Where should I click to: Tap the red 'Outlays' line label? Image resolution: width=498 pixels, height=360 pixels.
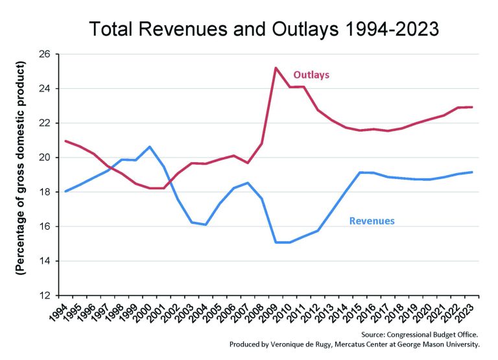311,75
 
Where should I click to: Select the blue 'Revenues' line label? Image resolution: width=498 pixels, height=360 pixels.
372,221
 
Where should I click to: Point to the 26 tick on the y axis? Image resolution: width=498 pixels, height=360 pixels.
45,54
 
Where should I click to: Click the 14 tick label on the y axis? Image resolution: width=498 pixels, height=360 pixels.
45,261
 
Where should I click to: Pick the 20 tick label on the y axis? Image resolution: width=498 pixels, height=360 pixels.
45,158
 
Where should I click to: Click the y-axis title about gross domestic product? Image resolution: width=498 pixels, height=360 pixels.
21,169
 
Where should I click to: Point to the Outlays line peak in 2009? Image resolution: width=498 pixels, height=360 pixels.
276,67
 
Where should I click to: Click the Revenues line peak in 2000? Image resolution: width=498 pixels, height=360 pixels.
150,147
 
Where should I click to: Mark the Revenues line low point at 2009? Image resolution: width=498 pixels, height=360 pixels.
276,242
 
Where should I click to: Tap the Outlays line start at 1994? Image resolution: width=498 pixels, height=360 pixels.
65,141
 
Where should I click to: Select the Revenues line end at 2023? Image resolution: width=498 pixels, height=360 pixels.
473,172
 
